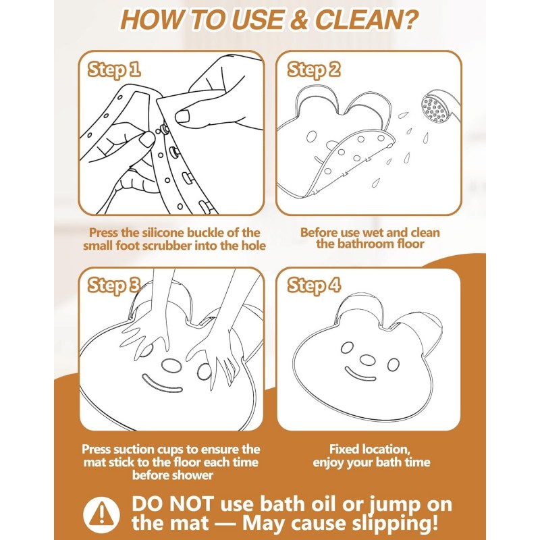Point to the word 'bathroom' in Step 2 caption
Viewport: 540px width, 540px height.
point(362,244)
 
